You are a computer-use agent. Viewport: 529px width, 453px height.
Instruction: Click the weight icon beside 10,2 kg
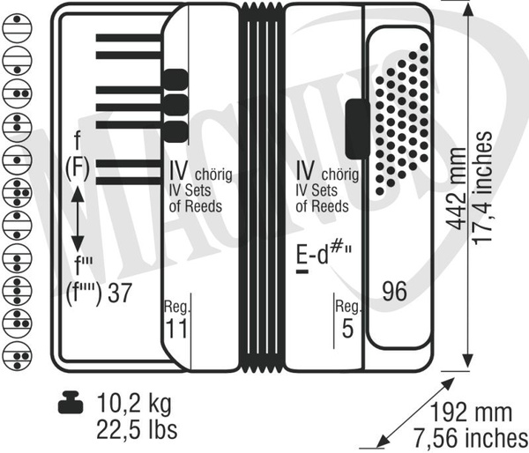(71, 403)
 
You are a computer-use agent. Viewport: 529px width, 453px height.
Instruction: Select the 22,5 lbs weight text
(137, 429)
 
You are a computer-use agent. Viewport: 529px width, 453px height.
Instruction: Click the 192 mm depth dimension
(471, 412)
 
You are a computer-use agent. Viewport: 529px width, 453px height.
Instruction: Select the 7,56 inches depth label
(471, 437)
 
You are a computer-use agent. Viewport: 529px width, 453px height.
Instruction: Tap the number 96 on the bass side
(394, 291)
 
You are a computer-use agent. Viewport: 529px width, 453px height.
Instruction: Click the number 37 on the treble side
(119, 293)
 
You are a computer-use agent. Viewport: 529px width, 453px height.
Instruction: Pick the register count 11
(176, 328)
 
